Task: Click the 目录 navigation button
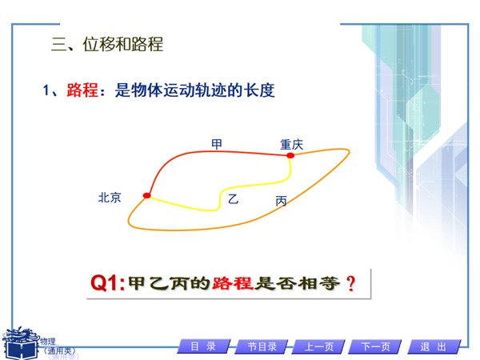coord(204,346)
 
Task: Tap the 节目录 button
coord(262,346)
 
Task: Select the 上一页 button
coord(319,346)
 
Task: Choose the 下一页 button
coord(376,346)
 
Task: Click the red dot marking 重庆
coord(290,155)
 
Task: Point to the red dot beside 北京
coord(147,195)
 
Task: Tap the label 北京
coord(110,198)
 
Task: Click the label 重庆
coord(292,145)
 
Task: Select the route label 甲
coord(217,144)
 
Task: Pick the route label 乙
coord(234,199)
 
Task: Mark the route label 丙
coord(281,201)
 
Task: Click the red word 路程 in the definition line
coord(82,90)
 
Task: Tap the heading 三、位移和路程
coord(107,44)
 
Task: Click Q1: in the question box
coord(108,283)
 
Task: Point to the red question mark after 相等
coord(351,283)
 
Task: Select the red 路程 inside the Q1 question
coord(233,283)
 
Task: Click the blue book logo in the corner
coord(21,343)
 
